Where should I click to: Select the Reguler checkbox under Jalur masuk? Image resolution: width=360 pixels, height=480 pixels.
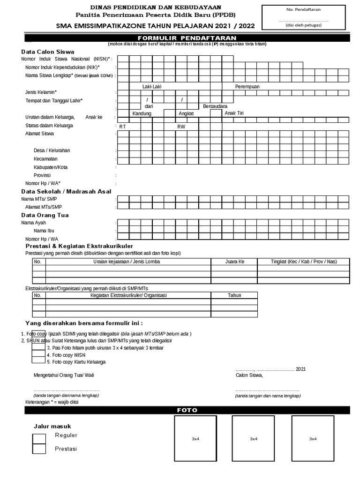click(x=39, y=438)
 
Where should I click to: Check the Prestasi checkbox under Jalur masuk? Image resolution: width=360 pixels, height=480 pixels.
click(x=39, y=449)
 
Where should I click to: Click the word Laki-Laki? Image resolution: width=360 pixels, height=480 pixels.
click(x=152, y=87)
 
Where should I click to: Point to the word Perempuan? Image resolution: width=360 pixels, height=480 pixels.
click(x=247, y=87)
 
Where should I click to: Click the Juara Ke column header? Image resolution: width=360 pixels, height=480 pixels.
click(x=235, y=262)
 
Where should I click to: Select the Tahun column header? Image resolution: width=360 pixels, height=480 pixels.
click(x=234, y=295)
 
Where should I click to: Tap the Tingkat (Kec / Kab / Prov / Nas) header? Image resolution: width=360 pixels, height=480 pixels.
click(x=304, y=262)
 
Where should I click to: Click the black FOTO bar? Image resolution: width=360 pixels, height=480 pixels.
click(x=187, y=410)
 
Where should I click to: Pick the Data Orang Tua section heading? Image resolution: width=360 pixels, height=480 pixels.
click(x=45, y=215)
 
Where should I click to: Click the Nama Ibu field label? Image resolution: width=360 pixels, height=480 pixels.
click(x=44, y=231)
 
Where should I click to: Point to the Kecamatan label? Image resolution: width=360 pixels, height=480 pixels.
click(x=45, y=159)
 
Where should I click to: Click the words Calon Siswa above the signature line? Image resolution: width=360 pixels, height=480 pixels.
click(x=249, y=375)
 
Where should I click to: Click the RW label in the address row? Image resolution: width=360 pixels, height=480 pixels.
click(x=180, y=127)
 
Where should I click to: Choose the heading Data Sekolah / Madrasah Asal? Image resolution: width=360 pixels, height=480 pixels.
click(x=66, y=191)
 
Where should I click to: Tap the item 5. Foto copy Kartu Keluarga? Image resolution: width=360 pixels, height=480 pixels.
click(x=76, y=362)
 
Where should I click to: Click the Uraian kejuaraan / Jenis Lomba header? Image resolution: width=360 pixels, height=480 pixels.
click(x=127, y=262)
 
